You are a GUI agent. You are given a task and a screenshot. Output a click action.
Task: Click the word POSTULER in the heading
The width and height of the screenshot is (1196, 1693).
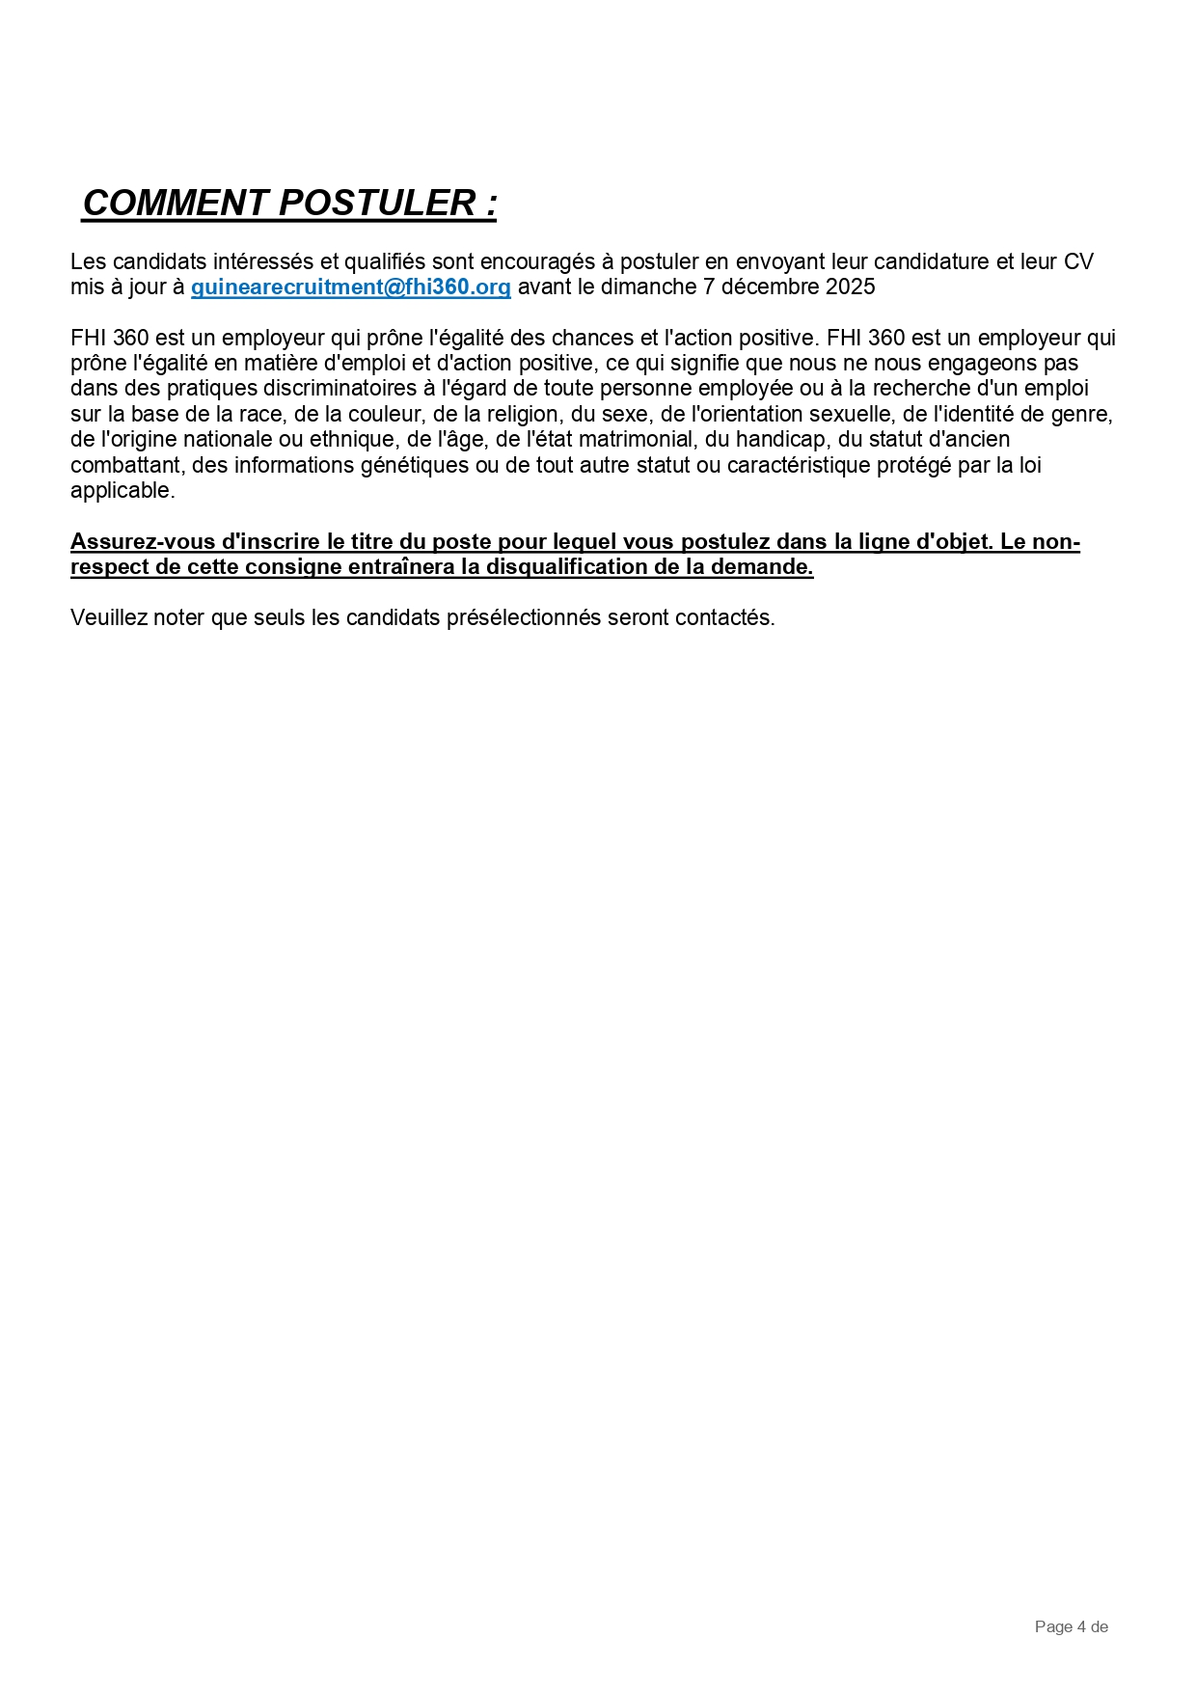[x=376, y=204]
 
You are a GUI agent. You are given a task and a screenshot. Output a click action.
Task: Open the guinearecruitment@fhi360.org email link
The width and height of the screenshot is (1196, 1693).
[x=351, y=287]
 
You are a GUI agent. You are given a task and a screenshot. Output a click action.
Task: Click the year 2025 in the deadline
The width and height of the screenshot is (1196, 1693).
[x=851, y=287]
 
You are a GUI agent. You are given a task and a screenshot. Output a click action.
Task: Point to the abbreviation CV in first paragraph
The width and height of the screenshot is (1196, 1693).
[x=1078, y=262]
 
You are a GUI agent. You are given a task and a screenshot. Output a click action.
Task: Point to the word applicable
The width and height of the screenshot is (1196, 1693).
[x=122, y=490]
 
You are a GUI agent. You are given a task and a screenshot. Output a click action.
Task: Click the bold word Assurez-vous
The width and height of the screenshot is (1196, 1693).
[x=143, y=541]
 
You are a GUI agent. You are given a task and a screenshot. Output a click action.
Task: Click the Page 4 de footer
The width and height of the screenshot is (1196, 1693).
[x=1071, y=1627]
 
